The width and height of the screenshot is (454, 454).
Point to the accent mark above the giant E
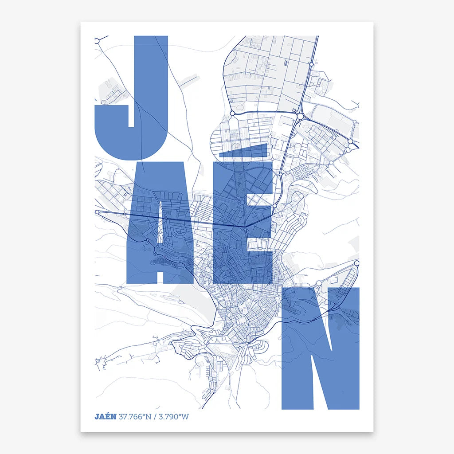pyautogui.click(x=250, y=151)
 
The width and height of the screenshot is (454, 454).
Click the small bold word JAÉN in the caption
pyautogui.click(x=105, y=417)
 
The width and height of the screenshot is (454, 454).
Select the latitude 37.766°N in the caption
pyautogui.click(x=134, y=417)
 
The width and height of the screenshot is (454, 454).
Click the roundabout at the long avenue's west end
pyautogui.click(x=98, y=213)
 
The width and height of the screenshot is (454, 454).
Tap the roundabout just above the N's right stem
pyautogui.click(x=357, y=263)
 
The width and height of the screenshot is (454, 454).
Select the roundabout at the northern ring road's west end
pyautogui.click(x=232, y=114)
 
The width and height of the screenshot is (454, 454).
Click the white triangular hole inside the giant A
pyautogui.click(x=160, y=231)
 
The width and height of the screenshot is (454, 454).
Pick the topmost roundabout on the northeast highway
pyautogui.click(x=312, y=64)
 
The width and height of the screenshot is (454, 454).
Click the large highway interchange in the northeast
pyautogui.click(x=301, y=116)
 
